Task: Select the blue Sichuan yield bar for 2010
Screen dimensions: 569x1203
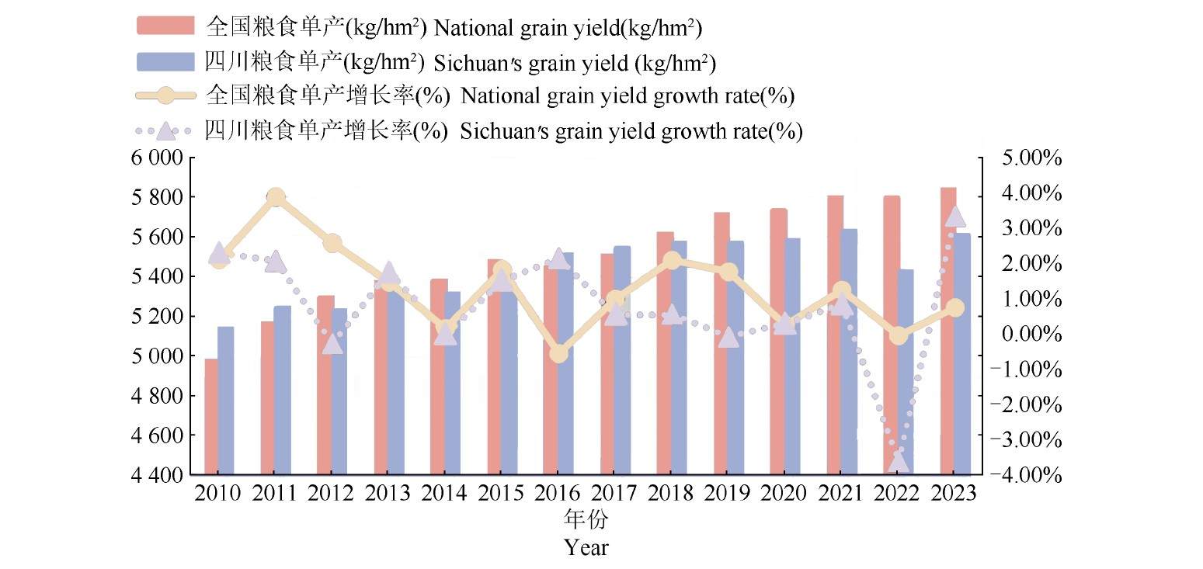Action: pos(225,400)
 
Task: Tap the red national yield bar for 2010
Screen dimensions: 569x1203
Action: pos(210,416)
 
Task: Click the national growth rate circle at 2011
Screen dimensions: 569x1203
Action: pos(276,197)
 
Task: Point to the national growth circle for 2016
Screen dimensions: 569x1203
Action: pos(558,353)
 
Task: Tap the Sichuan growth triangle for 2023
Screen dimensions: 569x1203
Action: pos(955,217)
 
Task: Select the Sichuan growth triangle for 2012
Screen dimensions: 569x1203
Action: pos(332,344)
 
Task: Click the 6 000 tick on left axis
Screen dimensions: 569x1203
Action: pos(158,158)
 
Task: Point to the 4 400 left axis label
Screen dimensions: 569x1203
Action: pos(158,474)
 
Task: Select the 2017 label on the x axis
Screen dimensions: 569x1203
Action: pos(615,494)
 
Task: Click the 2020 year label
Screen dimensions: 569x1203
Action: pos(785,494)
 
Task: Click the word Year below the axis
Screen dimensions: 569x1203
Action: pos(586,547)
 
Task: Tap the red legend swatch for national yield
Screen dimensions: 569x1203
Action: pos(165,26)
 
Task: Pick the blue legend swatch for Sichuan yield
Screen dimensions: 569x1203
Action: pos(165,61)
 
